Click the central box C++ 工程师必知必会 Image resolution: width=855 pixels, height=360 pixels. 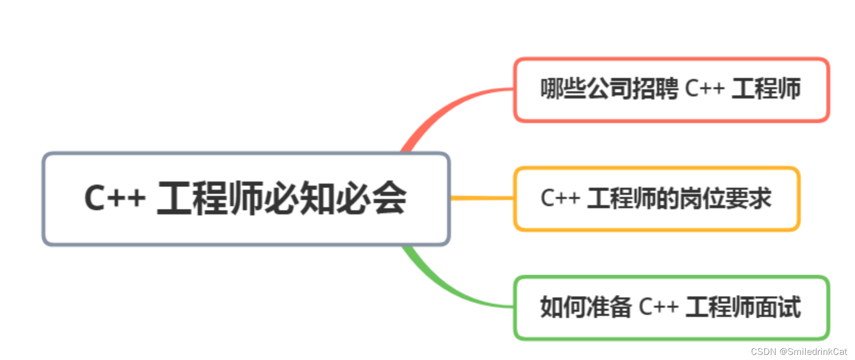[246, 199]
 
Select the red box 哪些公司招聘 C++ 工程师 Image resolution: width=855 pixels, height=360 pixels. [671, 90]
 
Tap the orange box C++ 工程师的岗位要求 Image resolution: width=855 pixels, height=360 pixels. [657, 199]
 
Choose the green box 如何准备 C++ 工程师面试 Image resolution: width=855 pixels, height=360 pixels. [671, 308]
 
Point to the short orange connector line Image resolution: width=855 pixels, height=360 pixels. [482, 198]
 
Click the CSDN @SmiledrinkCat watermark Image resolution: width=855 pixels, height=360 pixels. [799, 352]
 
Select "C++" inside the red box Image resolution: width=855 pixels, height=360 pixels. [705, 89]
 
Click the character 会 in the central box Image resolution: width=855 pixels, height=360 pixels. [389, 198]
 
